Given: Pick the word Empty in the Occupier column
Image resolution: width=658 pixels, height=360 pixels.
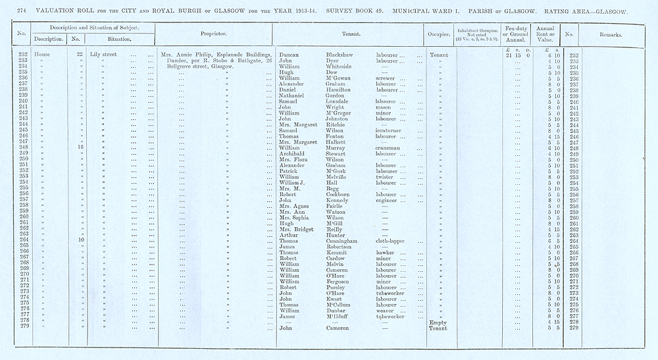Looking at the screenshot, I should click(438, 322).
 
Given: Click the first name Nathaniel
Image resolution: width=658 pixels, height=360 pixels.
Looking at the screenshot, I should click(293, 96).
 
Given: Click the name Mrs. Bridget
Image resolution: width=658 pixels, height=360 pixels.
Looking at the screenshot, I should click(295, 230).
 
